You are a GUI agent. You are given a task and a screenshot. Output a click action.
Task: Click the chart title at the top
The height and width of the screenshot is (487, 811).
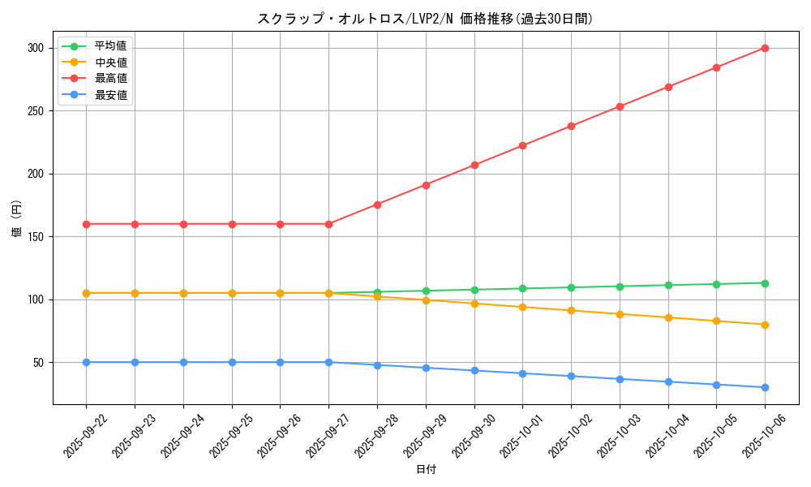pos(425,19)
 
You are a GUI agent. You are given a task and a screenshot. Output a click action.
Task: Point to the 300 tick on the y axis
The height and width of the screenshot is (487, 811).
pos(35,48)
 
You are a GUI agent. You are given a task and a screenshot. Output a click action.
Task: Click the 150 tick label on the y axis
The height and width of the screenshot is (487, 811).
pos(35,237)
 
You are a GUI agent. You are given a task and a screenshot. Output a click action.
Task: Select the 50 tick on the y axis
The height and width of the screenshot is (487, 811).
pos(38,363)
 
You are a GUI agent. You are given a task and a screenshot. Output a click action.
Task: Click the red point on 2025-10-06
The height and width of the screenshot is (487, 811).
pos(765,48)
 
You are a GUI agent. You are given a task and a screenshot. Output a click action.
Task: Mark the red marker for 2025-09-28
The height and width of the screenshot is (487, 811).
pos(377,205)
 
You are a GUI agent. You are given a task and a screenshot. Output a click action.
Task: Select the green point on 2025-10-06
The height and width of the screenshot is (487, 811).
pos(765,283)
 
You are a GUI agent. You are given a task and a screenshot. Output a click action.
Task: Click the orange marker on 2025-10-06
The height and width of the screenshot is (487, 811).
pos(765,325)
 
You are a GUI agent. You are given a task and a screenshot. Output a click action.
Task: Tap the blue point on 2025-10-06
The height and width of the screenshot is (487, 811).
pos(765,387)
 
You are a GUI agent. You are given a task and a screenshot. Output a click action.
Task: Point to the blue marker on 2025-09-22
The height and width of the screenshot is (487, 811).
pos(86,362)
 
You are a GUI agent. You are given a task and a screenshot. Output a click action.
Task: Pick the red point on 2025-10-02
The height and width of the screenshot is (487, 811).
pos(571,126)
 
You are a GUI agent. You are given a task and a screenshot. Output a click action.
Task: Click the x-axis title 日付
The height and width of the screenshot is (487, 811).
pos(425,470)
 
